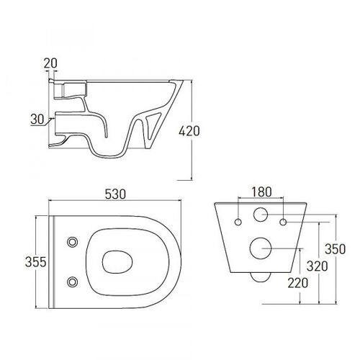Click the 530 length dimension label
coord(115,194)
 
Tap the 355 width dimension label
coord(35,262)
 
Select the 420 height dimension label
coord(189,131)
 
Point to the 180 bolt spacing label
coord(261,192)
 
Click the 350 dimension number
coord(336,249)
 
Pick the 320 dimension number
coord(318,266)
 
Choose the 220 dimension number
coord(298,283)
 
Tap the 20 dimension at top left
coord(50,63)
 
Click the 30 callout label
coord(37,119)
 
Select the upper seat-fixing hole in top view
coord(72,242)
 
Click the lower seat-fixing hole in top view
coord(72,282)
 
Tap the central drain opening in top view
coord(117,262)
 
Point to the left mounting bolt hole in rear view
coord(238,222)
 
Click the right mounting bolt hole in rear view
coord(283,222)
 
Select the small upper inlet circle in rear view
coord(261,215)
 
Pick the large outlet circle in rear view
coord(261,248)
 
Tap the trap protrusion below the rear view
coord(261,278)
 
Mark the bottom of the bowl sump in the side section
coord(109,157)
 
